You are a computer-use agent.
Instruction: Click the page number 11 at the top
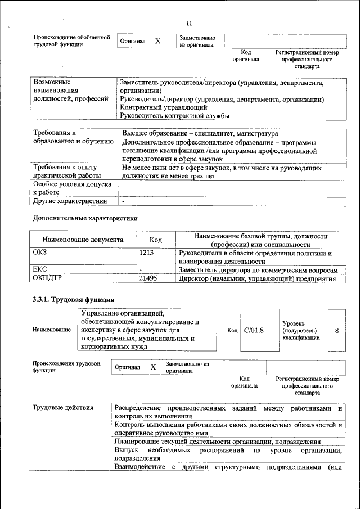189,23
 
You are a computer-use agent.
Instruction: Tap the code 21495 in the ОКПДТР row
149,278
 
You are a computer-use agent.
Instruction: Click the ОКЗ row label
40,254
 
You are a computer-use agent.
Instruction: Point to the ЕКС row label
40,270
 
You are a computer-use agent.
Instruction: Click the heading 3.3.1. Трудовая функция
74,300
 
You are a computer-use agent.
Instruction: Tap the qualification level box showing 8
336,330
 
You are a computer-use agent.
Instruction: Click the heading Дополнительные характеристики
85,218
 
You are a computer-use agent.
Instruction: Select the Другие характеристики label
70,201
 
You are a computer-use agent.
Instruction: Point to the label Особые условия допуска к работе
72,188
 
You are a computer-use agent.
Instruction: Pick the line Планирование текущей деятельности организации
217,442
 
